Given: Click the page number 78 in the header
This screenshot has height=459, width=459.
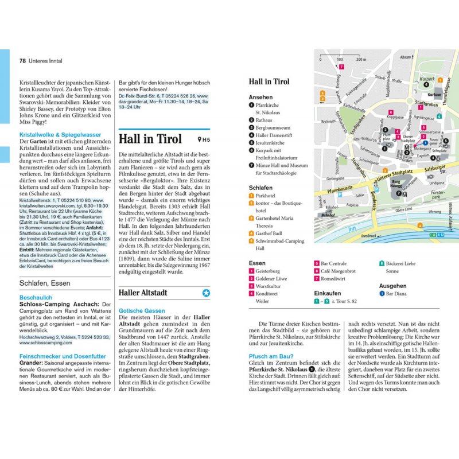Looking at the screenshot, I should (x=23, y=60).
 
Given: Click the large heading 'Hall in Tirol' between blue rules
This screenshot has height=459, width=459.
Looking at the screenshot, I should (x=150, y=139).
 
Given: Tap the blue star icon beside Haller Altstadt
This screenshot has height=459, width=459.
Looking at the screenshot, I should (x=206, y=293).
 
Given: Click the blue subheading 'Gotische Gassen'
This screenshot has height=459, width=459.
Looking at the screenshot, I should (x=141, y=310).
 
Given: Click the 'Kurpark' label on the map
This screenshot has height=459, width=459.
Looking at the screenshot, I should (x=427, y=77).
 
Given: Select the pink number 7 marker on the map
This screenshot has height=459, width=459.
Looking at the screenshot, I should (x=341, y=67).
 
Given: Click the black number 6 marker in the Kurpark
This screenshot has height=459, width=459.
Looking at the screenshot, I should (x=426, y=85).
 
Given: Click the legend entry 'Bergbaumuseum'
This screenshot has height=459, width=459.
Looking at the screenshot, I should (x=274, y=128).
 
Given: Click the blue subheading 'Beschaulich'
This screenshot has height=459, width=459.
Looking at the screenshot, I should (x=36, y=298).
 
